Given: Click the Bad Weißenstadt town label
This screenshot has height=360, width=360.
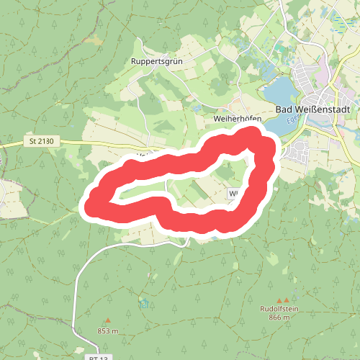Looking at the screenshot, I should pyautogui.click(x=313, y=109).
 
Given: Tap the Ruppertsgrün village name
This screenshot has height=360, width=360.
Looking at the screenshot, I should pyautogui.click(x=158, y=62).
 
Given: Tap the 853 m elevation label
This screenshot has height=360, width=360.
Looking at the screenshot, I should pyautogui.click(x=108, y=330).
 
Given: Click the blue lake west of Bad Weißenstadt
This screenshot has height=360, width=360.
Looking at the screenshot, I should pyautogui.click(x=281, y=94).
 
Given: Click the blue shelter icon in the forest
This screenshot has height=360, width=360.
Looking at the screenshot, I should pyautogui.click(x=145, y=302).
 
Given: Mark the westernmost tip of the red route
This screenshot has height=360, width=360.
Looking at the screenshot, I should pyautogui.click(x=89, y=207).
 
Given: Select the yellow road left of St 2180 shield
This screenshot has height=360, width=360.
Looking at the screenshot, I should pyautogui.click(x=14, y=144).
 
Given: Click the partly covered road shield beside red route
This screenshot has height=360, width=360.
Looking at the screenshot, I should pyautogui.click(x=233, y=194).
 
